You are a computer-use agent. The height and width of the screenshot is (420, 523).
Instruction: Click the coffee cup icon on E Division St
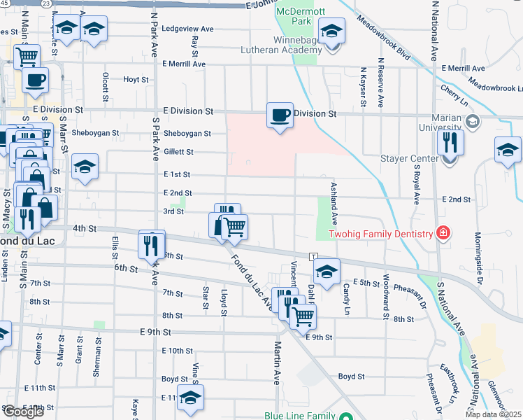coord(280,115)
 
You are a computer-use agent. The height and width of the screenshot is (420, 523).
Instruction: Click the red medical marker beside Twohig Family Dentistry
coord(442,232)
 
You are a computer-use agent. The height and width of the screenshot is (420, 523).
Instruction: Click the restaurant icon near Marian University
coord(450,143)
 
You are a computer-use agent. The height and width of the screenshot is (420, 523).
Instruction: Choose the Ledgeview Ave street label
coord(187,29)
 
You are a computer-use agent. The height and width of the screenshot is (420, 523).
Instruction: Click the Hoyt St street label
coord(136,79)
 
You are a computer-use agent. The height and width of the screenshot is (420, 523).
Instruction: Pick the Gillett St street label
coord(179,152)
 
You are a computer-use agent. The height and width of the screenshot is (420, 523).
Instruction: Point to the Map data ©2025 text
coord(493,414)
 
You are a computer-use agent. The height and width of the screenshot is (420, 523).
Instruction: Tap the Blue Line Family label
coord(299,416)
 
